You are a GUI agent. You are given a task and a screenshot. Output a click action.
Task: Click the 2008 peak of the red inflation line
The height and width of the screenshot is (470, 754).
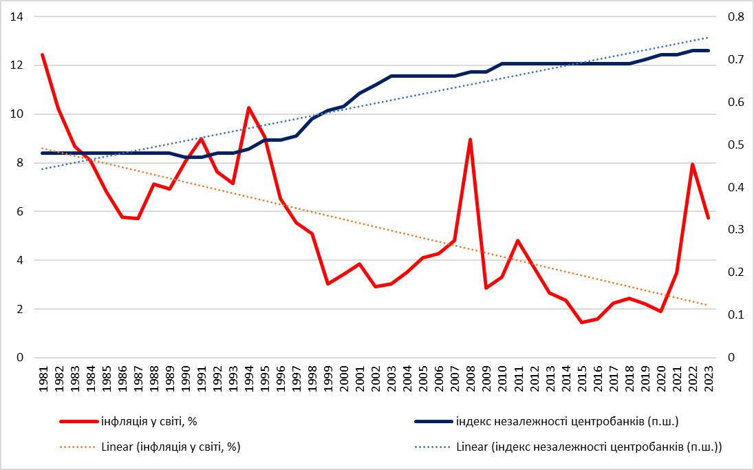coord(470,140)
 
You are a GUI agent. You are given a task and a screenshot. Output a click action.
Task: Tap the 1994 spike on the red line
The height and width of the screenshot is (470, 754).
coord(248,108)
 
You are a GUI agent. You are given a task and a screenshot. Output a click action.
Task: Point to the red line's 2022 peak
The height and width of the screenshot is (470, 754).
coord(692,164)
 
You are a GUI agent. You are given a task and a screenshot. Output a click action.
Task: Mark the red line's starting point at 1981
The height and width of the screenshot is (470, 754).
coord(43,54)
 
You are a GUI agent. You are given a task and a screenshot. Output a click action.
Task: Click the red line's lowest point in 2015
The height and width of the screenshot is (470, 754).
coord(581,322)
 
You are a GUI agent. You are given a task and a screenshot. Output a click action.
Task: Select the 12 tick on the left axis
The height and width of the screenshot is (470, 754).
coord(17,65)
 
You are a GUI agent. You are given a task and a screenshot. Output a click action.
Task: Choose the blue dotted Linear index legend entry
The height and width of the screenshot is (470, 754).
coord(588,447)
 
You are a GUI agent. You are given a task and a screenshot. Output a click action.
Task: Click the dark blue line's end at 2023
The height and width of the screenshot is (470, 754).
coord(708,51)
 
